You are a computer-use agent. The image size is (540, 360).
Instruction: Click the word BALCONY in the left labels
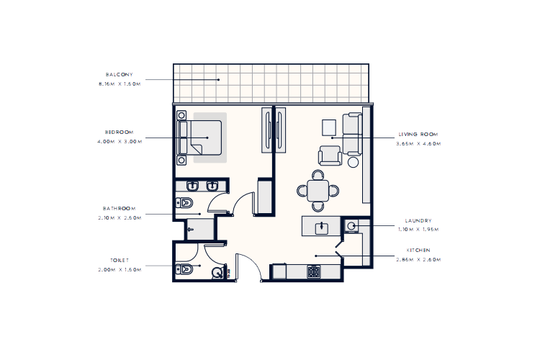coord(119,75)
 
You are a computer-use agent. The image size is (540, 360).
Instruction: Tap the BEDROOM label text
coord(120,132)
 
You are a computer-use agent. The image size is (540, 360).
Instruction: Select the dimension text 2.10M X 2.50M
coord(120,215)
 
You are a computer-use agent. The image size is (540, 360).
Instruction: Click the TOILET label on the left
coord(120,261)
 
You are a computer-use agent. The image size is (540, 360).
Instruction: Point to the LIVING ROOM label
coord(418,134)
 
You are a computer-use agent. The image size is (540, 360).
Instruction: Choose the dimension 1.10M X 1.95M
coord(418,230)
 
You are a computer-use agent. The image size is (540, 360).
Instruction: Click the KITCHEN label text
coord(418,250)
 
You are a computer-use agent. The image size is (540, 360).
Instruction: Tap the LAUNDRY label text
coord(418,221)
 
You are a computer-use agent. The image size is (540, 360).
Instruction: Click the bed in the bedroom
coord(202,137)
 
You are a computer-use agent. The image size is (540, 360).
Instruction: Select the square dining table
coord(318,191)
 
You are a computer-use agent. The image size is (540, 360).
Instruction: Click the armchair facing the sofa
coord(330,156)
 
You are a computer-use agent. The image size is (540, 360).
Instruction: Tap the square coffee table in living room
coord(328,126)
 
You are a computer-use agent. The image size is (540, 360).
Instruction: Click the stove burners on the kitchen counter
coord(314,272)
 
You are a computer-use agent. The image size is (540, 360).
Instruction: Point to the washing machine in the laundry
coord(351,226)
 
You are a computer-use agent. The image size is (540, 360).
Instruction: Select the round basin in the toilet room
coord(217,273)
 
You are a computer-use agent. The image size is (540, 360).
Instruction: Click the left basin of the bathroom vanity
coord(192,186)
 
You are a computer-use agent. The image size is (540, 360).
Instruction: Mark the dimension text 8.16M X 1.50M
coord(120,84)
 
